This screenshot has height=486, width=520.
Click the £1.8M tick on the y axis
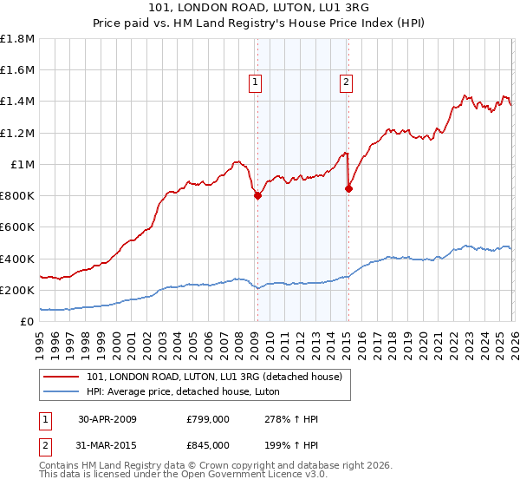[x=17, y=39]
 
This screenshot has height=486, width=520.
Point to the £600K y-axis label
[x=17, y=227]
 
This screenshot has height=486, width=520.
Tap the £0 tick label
[x=27, y=322]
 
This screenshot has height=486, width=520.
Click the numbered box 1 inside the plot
[x=257, y=83]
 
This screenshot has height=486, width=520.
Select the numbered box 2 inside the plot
[x=347, y=83]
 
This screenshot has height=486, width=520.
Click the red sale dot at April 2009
[x=257, y=196]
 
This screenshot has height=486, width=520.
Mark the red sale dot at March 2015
[x=348, y=188]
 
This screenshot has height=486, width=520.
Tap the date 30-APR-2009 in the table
[x=107, y=418]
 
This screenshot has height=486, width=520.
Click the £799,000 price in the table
[x=208, y=418]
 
